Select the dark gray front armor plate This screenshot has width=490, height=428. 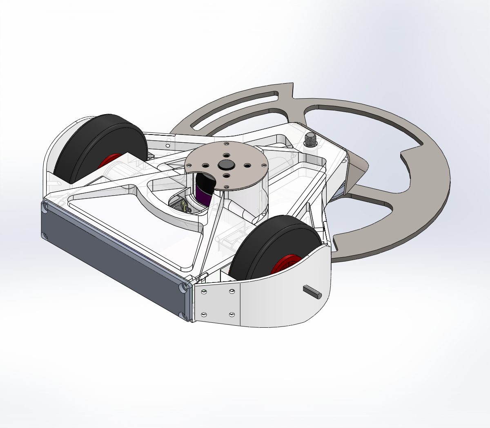tap(110, 261)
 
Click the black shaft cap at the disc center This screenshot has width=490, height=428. tap(225, 164)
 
